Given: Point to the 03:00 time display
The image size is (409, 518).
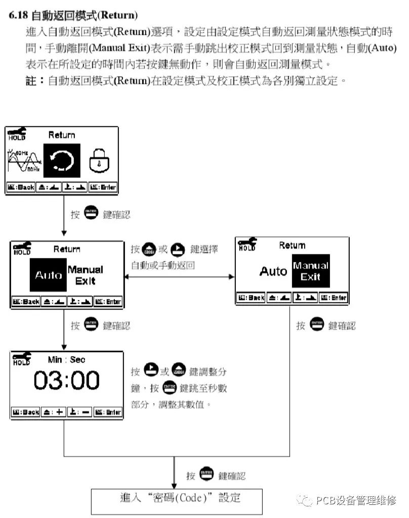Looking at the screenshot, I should pos(67,381).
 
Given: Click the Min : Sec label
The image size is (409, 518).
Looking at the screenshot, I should pos(66,360).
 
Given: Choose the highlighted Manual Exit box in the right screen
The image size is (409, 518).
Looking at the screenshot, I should pos(311,271).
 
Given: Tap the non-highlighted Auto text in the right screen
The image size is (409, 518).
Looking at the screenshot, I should pos(273,272).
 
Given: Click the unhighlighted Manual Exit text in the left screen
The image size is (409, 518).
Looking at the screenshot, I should pos(86,275).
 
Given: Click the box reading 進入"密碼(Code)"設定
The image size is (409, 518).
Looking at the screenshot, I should pos(177,500).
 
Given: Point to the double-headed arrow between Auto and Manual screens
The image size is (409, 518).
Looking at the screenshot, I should pos(180,276).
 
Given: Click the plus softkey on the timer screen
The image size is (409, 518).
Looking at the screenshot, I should pos(53,412).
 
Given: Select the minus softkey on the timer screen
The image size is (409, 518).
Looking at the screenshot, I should pos(79,412).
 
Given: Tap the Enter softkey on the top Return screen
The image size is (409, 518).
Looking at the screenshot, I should pos(103,187).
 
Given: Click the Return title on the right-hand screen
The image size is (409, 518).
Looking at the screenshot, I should pos(292,245).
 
